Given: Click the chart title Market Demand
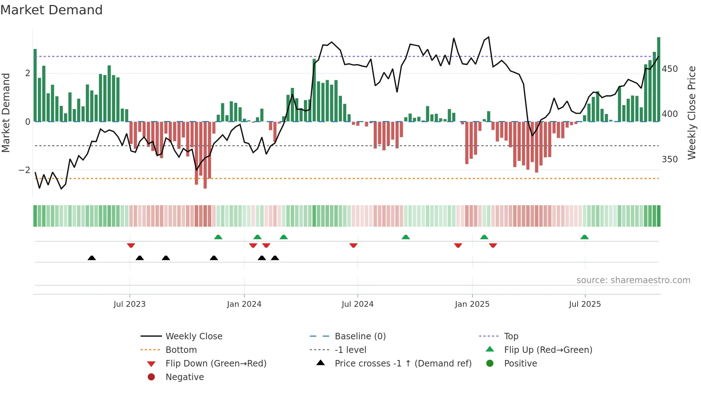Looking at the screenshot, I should click(x=52, y=10).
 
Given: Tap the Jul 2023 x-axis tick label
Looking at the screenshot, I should click(x=129, y=304).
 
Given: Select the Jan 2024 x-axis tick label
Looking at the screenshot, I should click(x=244, y=304).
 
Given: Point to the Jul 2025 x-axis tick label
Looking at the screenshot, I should click(x=585, y=304).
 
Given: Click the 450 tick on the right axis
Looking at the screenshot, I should click(x=670, y=69).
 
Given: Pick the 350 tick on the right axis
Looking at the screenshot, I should click(x=670, y=159).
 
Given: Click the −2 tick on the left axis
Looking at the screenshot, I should click(x=24, y=170).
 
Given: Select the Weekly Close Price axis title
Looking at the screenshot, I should click(x=692, y=113).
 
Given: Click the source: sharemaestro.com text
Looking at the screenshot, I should click(x=633, y=280).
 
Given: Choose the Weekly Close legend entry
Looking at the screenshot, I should click(x=193, y=336).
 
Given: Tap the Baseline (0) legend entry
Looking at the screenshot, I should click(x=360, y=336).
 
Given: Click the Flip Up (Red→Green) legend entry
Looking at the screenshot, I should click(x=548, y=350).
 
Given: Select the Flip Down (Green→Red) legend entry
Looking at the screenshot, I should click(x=216, y=364).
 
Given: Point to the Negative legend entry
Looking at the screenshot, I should click(x=185, y=377).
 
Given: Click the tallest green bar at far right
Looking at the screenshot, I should click(x=658, y=79).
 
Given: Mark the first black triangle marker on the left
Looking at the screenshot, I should click(x=92, y=258).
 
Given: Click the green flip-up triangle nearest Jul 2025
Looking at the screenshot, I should click(x=584, y=237).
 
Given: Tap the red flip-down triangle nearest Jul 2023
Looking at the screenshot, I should click(x=131, y=245).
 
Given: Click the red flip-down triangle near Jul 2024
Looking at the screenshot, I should click(x=353, y=245).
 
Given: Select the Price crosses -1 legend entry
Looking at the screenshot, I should click(x=403, y=364).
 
